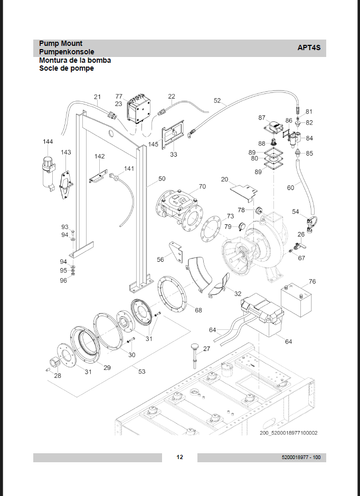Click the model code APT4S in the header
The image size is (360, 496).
[x=309, y=47]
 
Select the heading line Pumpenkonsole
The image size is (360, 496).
[x=67, y=52]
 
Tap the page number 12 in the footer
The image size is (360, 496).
[x=179, y=457]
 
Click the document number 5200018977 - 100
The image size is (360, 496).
[x=301, y=457]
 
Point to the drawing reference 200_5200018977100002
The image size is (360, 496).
[x=288, y=433]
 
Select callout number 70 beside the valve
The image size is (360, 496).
[x=202, y=187]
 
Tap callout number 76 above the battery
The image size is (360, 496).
[x=312, y=281]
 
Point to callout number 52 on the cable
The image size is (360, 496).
[x=217, y=100]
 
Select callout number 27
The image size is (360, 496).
[x=206, y=349]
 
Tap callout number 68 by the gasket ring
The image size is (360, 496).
[x=198, y=310]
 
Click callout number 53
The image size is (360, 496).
[x=141, y=371]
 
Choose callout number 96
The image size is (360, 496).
[x=63, y=280]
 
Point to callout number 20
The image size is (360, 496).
[x=225, y=179]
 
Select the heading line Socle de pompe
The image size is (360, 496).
[x=66, y=68]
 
